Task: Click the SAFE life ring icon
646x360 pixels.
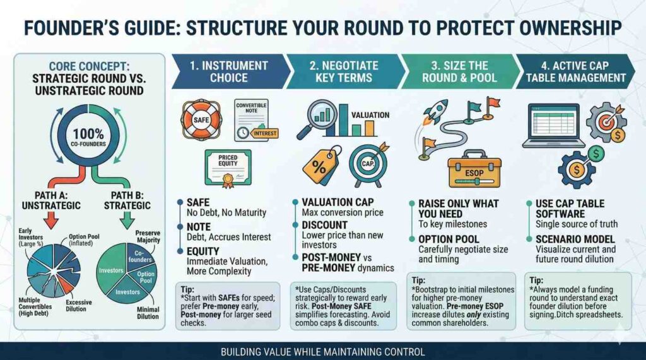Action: (x=201, y=120)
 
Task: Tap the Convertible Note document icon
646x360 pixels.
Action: (x=254, y=120)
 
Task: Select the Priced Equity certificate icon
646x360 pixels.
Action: (x=228, y=168)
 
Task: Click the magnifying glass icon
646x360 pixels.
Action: (x=316, y=119)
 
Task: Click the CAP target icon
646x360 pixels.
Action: (x=368, y=164)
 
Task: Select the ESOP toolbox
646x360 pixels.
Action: (x=474, y=169)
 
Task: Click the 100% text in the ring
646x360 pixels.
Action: (x=88, y=134)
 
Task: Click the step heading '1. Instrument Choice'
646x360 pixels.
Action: (x=229, y=71)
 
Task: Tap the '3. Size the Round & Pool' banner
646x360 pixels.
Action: (x=459, y=71)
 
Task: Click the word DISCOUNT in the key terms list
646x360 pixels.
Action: (x=325, y=225)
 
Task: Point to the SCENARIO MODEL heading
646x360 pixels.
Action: (x=575, y=240)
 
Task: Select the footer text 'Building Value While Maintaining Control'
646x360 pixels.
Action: (x=322, y=352)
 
